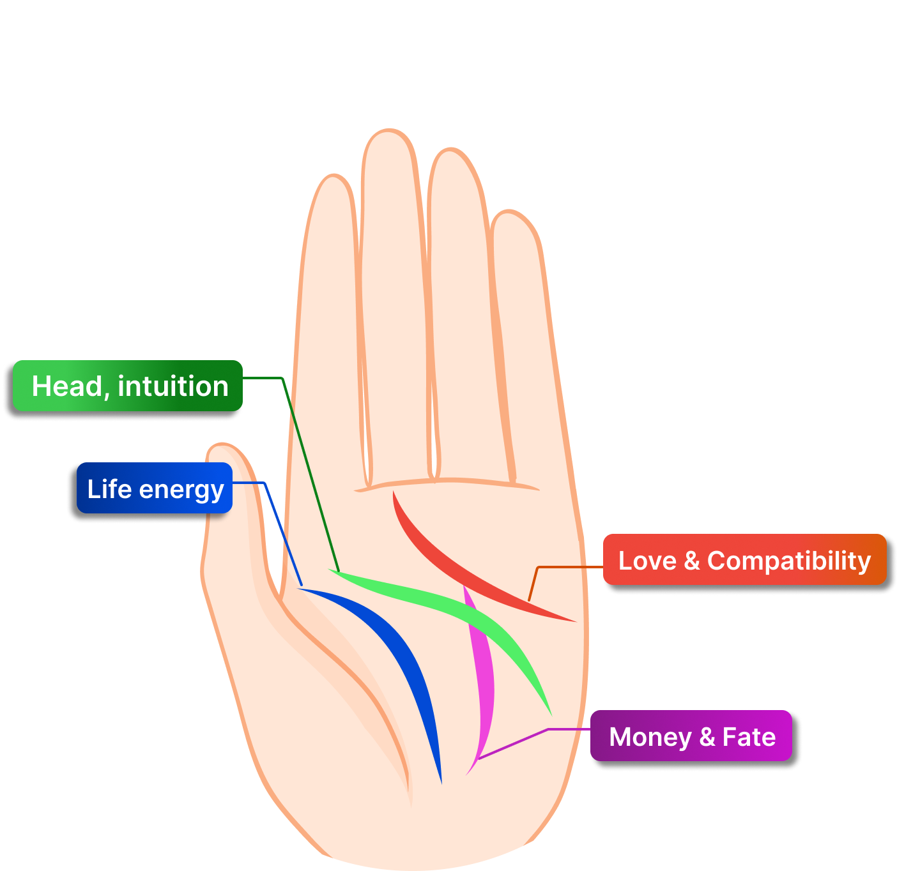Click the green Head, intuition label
(128, 386)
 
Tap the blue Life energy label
(155, 489)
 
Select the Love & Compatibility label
(744, 560)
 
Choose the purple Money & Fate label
(691, 736)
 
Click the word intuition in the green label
(173, 386)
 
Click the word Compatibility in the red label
(789, 561)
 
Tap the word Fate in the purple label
(749, 736)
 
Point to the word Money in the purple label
(650, 737)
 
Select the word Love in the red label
(647, 561)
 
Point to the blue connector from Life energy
(281, 530)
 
